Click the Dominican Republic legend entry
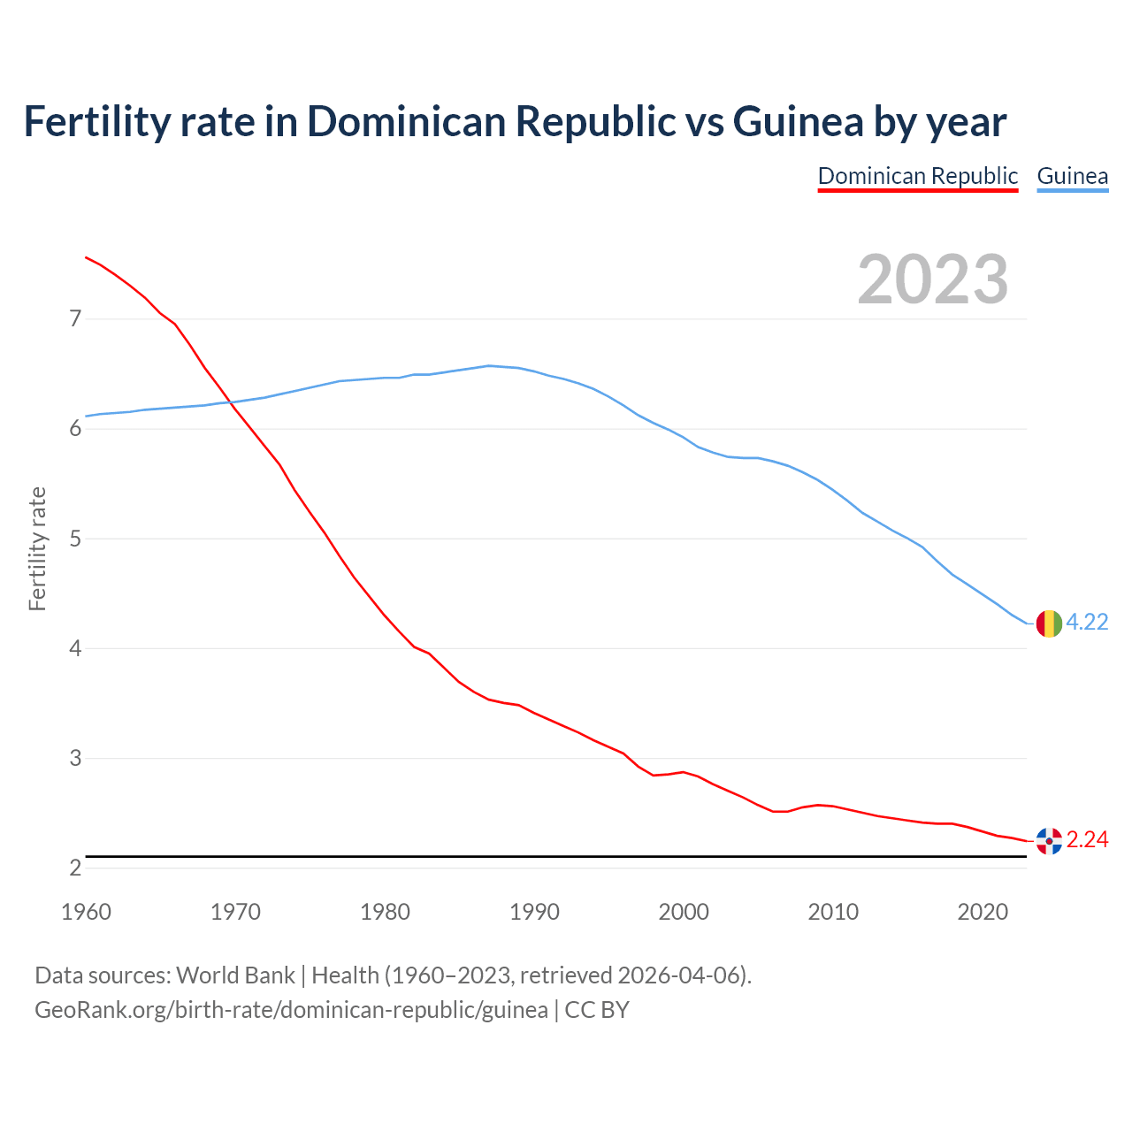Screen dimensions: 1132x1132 point(917,176)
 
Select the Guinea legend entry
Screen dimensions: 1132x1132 point(1072,176)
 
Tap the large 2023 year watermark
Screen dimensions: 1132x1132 point(932,279)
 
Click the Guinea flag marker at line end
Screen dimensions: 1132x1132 point(1048,623)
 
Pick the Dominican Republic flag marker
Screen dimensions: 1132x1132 point(1048,841)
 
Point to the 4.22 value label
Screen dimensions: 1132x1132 point(1087,623)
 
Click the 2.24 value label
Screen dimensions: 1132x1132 point(1087,840)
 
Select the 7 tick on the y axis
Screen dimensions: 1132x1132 point(75,318)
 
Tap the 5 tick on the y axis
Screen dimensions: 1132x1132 point(75,539)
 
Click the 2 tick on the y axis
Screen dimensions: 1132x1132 point(75,868)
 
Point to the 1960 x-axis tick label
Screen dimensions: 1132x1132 point(86,912)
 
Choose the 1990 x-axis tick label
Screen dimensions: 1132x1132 point(534,912)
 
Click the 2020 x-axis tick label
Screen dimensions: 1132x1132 point(983,912)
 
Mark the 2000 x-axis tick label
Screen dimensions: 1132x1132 point(684,912)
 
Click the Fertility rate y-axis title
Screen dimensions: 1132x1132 point(37,548)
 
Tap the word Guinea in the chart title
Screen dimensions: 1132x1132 point(798,122)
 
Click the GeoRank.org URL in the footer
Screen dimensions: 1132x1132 point(291,1010)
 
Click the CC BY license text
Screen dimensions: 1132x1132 point(597,1010)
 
